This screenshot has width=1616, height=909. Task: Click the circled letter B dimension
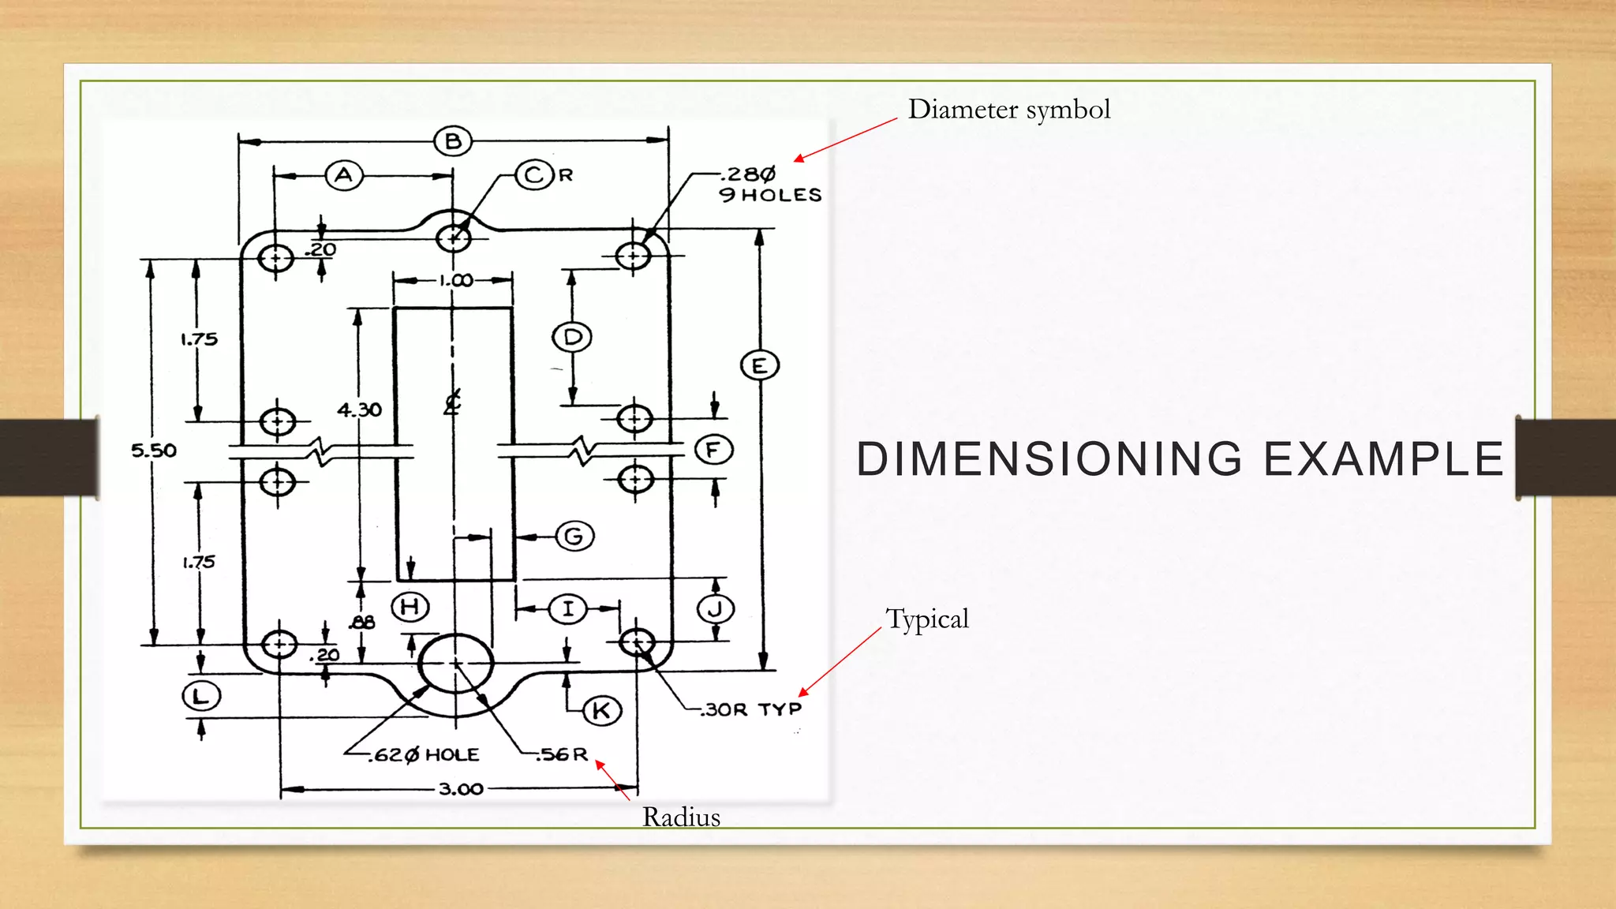click(453, 141)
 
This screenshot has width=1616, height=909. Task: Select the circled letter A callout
click(344, 175)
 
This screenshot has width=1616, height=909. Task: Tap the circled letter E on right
click(760, 365)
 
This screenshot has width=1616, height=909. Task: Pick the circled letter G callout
click(574, 537)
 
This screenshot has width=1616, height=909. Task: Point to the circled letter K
click(602, 711)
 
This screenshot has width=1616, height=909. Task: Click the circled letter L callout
click(201, 696)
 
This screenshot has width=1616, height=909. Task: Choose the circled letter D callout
click(572, 338)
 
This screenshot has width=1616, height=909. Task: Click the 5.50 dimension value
click(154, 451)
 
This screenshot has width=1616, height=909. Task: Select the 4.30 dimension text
click(359, 410)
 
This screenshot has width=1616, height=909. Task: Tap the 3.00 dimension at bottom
click(461, 788)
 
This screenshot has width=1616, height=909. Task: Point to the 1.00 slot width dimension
click(456, 280)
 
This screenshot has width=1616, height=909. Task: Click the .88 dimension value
click(362, 623)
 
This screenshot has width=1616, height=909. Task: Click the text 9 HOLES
click(770, 195)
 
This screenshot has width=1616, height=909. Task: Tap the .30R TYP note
click(752, 709)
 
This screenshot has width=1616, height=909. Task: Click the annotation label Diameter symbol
click(1008, 109)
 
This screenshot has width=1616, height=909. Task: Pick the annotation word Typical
click(927, 619)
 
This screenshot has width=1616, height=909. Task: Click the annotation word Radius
click(681, 817)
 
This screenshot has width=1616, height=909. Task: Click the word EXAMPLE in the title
click(1384, 459)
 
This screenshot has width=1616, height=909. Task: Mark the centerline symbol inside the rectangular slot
click(452, 402)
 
